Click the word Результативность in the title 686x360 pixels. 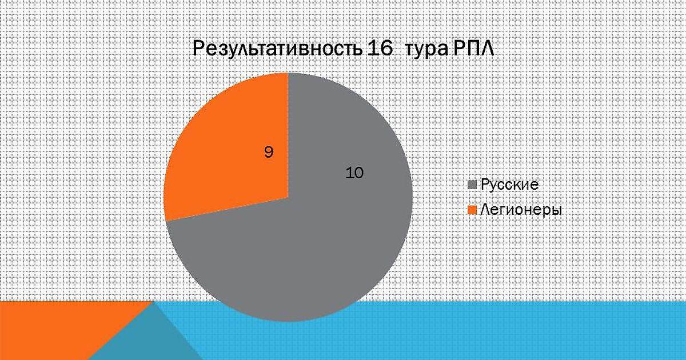[277, 49]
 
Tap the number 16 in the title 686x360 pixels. [380, 49]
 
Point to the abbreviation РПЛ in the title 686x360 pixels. [473, 49]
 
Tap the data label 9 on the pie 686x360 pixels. [269, 152]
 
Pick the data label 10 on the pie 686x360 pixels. [354, 173]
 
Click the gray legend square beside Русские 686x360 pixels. [473, 185]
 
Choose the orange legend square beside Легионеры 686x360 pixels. [473, 210]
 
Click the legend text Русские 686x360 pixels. [509, 185]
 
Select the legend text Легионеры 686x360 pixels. [521, 211]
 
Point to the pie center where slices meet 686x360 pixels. [288, 198]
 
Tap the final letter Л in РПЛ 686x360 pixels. [487, 49]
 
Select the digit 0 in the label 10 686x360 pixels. [359, 173]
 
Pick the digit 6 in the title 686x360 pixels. [386, 49]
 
